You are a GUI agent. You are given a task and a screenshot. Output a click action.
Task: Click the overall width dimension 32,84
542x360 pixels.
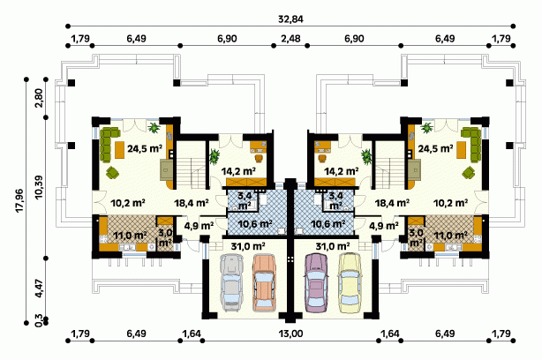tap(290, 19)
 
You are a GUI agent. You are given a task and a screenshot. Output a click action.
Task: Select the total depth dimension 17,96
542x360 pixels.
tap(19, 200)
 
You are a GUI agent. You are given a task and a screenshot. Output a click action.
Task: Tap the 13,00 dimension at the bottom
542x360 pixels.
tap(290, 334)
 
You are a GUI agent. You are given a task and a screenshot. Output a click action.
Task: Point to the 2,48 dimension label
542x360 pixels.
tap(290, 38)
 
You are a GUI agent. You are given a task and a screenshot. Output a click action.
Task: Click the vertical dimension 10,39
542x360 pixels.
tap(39, 187)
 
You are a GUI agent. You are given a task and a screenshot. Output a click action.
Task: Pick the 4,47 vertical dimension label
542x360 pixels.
tap(39, 289)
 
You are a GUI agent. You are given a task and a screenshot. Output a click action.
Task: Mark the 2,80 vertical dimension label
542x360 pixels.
tap(39, 98)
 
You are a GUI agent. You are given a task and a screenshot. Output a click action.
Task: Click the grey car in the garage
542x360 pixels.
tap(231, 282)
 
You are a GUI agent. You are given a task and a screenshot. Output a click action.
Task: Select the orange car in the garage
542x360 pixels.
tap(263, 282)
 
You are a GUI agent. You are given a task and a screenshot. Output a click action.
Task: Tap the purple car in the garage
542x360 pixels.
tap(317, 282)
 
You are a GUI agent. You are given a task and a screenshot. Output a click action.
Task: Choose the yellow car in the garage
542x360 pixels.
tap(350, 282)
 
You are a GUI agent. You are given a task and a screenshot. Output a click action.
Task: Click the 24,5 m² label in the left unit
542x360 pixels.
tap(145, 149)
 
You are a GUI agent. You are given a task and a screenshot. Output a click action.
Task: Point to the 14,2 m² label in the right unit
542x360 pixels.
tap(341, 170)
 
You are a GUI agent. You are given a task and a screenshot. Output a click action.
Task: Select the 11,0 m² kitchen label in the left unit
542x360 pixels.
tap(131, 236)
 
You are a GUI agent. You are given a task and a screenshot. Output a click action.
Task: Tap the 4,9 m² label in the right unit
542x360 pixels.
tap(384, 226)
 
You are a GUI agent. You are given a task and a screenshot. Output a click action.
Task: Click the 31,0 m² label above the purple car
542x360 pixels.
tap(333, 246)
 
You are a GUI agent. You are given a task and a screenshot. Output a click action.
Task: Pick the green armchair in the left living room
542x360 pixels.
tap(113, 172)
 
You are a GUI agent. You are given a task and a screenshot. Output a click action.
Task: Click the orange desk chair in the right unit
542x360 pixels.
tap(322, 158)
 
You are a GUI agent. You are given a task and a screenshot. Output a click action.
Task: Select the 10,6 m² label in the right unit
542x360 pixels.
tap(328, 224)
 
